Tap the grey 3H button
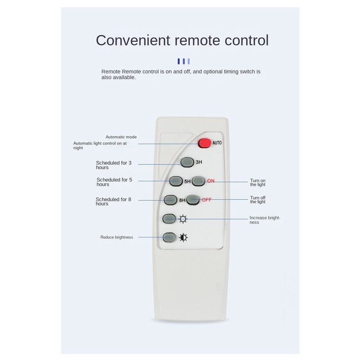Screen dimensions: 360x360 [x=187, y=162]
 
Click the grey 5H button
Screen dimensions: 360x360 [x=176, y=181]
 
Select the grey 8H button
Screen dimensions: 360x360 [x=170, y=200]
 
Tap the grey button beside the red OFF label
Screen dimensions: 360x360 [x=193, y=200]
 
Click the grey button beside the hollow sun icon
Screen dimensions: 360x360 [x=169, y=218]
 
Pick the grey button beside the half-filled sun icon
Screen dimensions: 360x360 [x=169, y=237]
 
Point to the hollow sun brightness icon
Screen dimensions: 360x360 [x=183, y=219]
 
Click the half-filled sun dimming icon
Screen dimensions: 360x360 [x=183, y=237]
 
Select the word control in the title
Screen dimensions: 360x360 [x=247, y=40]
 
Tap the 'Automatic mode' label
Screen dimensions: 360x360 [x=121, y=137]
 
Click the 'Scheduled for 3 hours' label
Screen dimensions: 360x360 [x=113, y=165]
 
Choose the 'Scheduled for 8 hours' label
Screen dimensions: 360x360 [x=113, y=201]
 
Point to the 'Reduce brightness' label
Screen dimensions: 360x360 [x=117, y=237]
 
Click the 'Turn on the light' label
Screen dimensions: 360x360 [x=258, y=183]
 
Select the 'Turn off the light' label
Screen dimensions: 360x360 [x=258, y=200]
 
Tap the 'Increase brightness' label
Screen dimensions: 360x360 [x=264, y=220]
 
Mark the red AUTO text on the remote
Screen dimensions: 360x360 [x=217, y=143]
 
